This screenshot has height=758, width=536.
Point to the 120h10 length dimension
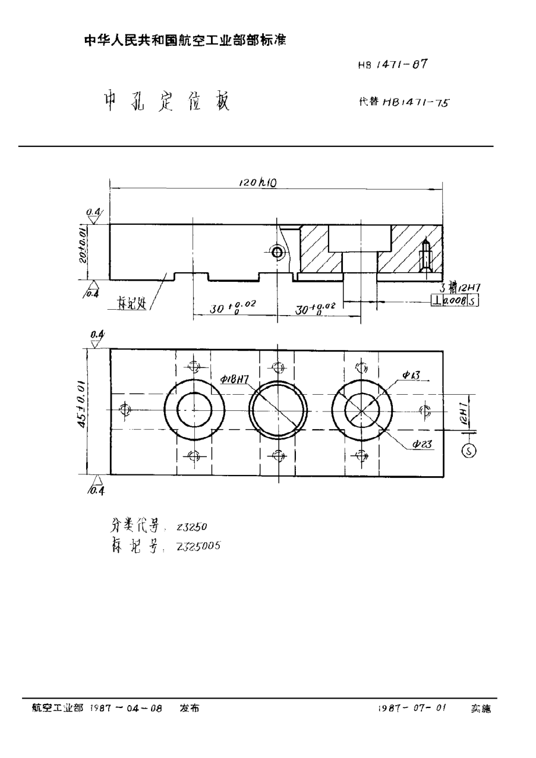[x=257, y=184]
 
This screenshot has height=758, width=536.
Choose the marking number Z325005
[x=197, y=547]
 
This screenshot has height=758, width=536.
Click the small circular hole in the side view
[x=277, y=252]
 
